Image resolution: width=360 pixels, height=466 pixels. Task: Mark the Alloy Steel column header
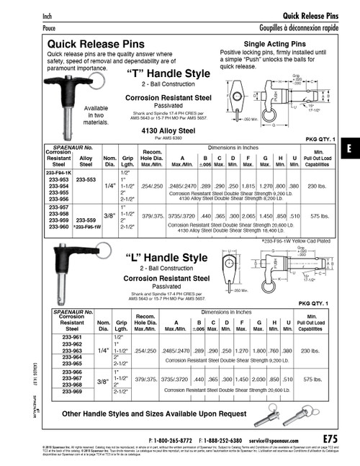click(86, 159)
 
